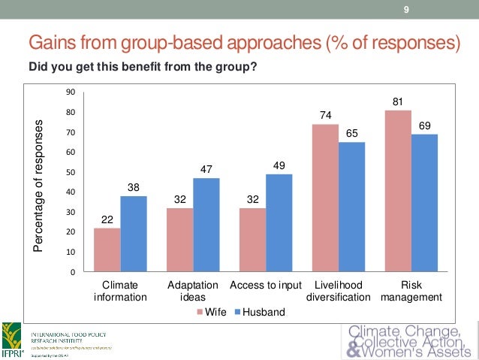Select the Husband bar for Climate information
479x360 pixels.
(133, 234)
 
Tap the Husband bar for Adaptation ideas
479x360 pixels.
(206, 225)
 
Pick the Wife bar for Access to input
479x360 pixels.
(252, 240)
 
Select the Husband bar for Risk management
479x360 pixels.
(423, 203)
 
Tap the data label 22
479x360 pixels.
(107, 219)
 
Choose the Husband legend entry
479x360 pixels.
(260, 310)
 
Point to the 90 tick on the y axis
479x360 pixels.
(70, 92)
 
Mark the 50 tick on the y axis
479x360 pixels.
(70, 172)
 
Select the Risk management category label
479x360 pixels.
(411, 291)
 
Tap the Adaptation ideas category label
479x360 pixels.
(193, 291)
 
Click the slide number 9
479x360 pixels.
(406, 10)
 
